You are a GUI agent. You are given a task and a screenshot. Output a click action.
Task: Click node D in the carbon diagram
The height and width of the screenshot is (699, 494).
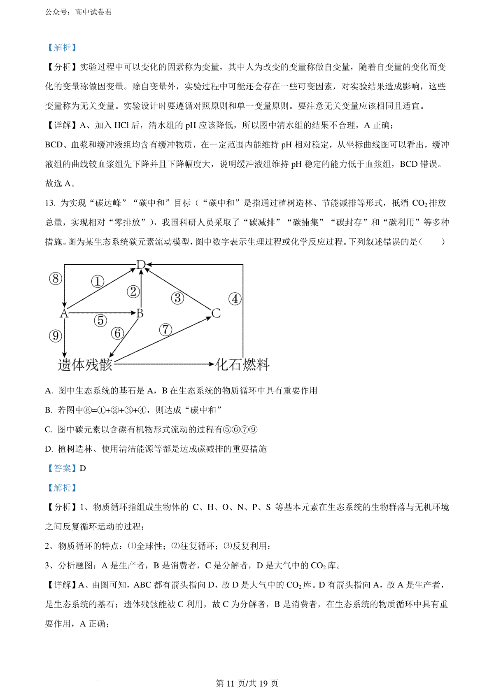[141, 265]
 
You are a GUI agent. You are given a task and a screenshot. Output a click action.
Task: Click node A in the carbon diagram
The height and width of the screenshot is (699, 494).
[64, 314]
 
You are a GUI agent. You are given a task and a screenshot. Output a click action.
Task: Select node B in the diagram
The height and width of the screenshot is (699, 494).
[140, 314]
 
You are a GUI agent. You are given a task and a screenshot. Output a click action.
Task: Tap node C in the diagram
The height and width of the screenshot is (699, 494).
[216, 314]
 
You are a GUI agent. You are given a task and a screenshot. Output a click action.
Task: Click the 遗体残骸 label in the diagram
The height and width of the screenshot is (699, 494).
[85, 365]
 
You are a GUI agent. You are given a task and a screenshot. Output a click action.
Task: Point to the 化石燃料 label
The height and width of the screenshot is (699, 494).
[242, 365]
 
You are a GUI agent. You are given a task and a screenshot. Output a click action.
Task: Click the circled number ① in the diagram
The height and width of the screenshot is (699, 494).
[98, 282]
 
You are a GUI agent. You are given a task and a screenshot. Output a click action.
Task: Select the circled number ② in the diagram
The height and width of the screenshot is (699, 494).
[133, 291]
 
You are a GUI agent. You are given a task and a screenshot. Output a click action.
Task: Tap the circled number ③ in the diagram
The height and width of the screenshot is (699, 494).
[177, 298]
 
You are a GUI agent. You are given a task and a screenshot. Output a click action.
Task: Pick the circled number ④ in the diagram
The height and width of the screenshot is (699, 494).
[235, 299]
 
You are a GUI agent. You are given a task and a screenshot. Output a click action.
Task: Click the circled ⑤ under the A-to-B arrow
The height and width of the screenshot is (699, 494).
[100, 320]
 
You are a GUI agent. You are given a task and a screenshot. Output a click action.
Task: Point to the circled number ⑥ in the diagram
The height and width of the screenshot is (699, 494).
[117, 333]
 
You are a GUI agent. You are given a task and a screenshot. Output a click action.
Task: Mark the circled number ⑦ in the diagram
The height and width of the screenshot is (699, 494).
[165, 329]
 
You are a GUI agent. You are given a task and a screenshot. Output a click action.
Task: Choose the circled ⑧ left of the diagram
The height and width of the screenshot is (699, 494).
[56, 279]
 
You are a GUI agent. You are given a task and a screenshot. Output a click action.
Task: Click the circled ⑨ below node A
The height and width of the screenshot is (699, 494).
[56, 336]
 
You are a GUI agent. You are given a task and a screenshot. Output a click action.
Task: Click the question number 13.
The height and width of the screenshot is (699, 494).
[50, 203]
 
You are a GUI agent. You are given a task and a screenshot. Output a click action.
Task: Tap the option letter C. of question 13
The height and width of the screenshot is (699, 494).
[49, 430]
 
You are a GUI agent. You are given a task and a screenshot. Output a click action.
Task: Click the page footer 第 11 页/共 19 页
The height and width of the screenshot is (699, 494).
[247, 683]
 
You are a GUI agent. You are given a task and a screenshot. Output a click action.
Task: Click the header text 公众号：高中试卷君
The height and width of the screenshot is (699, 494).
[78, 12]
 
